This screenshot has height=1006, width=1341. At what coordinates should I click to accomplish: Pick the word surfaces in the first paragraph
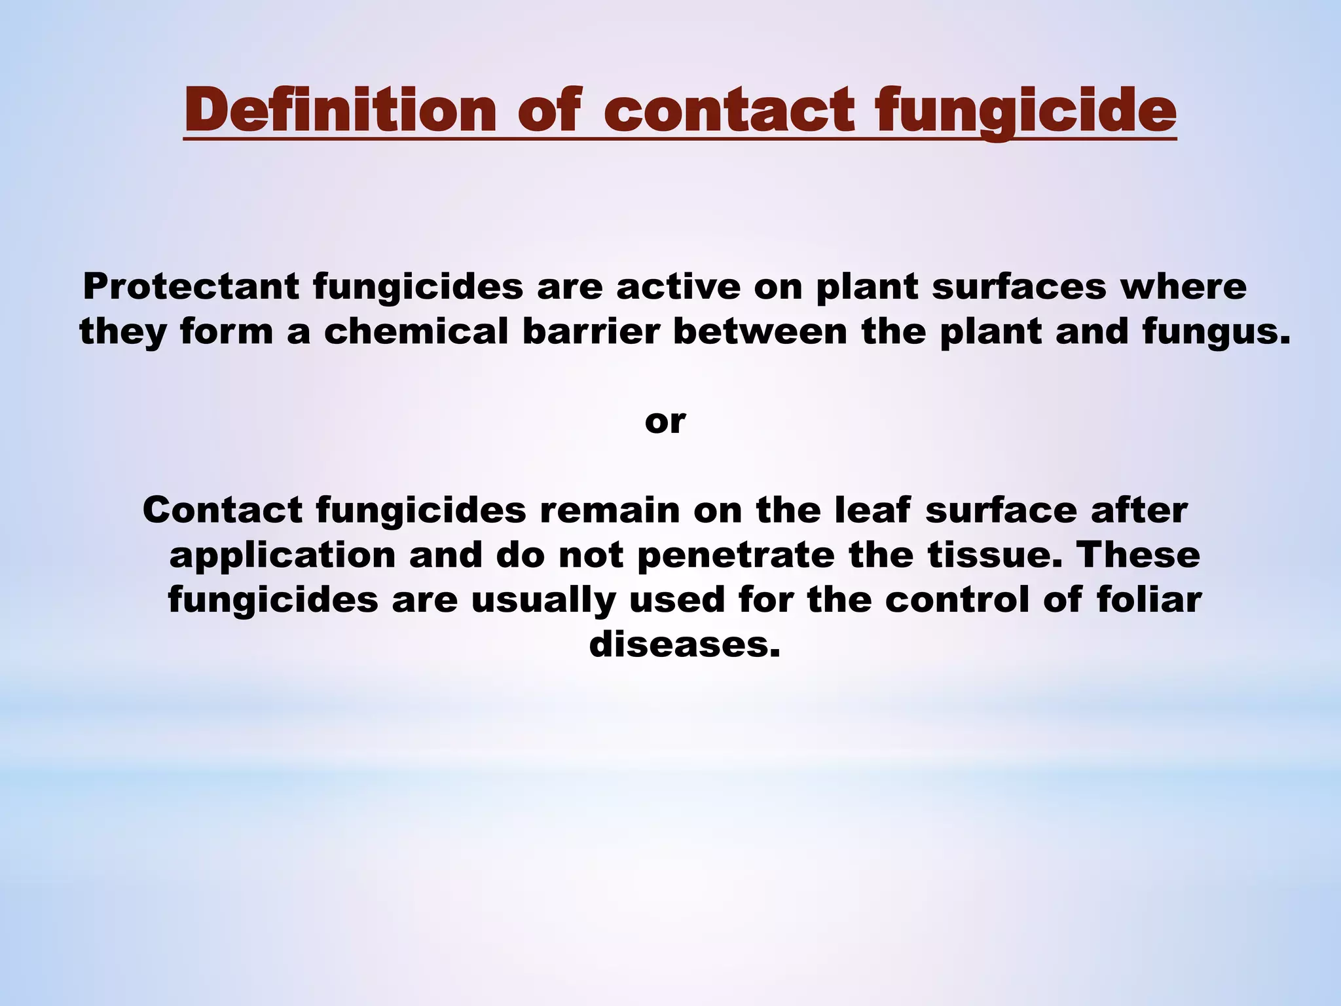(x=1019, y=286)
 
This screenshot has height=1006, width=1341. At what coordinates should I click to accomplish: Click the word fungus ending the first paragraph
(x=1215, y=332)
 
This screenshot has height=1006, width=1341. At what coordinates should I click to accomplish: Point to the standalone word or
(x=665, y=421)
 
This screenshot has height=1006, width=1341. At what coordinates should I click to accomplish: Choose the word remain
(x=610, y=510)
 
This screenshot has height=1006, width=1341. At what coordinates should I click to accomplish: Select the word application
(x=282, y=555)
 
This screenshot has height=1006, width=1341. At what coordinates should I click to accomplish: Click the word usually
(x=543, y=600)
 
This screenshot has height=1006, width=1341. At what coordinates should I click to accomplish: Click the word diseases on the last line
(x=684, y=644)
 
